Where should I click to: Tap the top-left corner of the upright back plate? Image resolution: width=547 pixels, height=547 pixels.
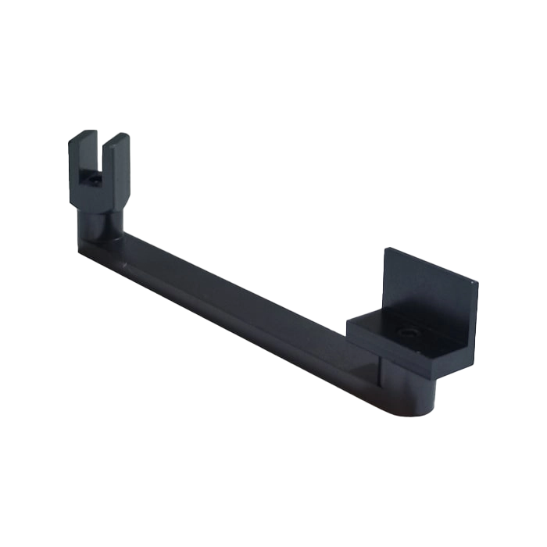384,248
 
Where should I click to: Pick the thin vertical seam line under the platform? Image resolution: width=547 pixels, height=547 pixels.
381,375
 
